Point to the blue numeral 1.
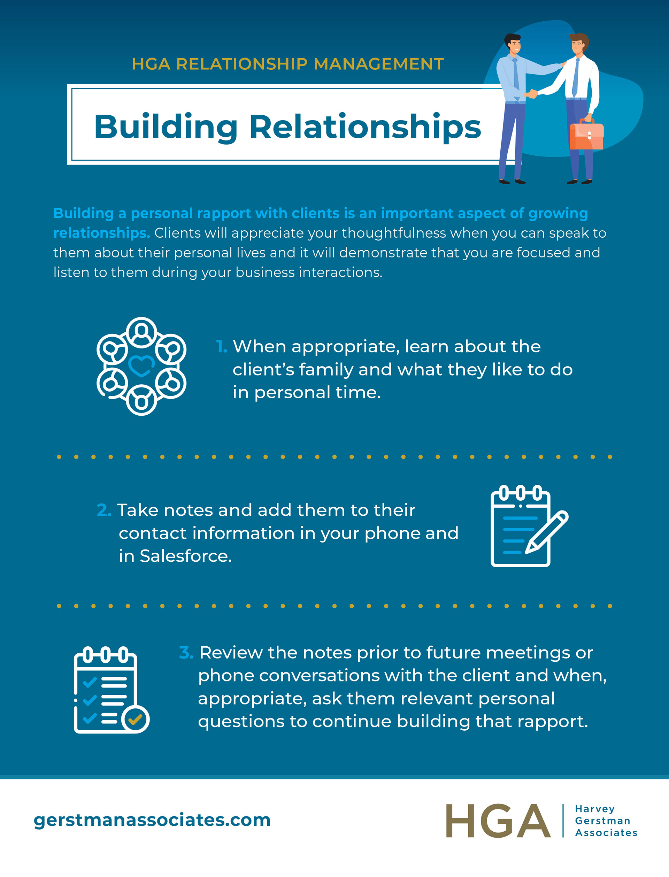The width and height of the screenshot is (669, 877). (x=221, y=347)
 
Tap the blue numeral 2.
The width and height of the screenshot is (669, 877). (x=103, y=510)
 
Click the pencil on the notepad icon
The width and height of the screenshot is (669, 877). (x=546, y=532)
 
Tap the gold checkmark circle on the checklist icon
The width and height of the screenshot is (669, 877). (x=135, y=719)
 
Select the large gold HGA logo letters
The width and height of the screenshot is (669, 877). (x=498, y=821)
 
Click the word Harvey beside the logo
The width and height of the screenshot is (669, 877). (x=594, y=809)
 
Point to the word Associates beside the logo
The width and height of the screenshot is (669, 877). (x=606, y=833)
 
